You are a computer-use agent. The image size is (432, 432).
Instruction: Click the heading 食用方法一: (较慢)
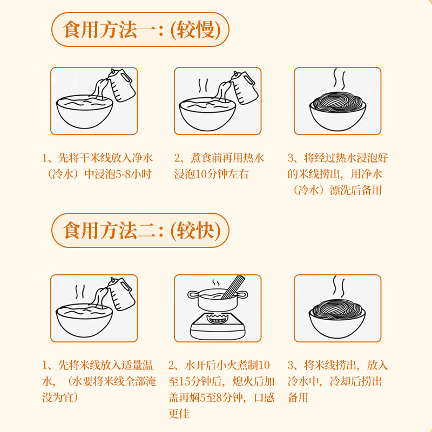click(x=140, y=30)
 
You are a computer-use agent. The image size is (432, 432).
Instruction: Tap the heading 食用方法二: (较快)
click(x=140, y=231)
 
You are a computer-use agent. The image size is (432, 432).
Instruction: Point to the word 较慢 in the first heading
click(x=195, y=30)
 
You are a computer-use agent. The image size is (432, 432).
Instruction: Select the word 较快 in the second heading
click(x=195, y=231)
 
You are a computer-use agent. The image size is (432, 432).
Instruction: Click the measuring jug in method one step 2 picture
click(x=243, y=85)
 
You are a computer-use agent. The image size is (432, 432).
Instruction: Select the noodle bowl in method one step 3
click(x=337, y=111)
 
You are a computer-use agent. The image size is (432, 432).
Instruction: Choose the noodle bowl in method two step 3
click(x=337, y=319)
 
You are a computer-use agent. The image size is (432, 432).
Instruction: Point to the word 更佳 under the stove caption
click(x=178, y=414)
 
